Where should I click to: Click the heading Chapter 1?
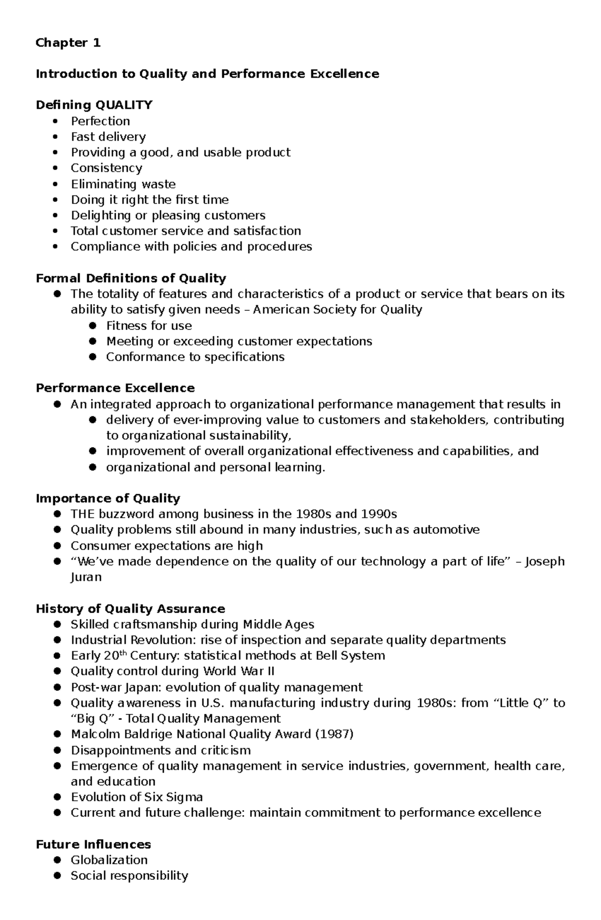pos(68,43)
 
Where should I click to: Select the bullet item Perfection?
pos(100,121)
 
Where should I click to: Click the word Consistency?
pos(106,168)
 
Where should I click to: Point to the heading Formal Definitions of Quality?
pos(131,278)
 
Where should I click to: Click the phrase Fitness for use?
pos(149,326)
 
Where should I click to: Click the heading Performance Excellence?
pos(115,388)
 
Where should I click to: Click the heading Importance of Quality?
pos(108,498)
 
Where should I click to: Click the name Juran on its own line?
pos(86,577)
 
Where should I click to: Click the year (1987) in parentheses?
pos(334,734)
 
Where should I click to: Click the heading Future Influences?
pos(93,844)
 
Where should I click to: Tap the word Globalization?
pos(109,860)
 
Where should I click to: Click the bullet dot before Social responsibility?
pos(58,876)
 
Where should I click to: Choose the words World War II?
pos(238,671)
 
